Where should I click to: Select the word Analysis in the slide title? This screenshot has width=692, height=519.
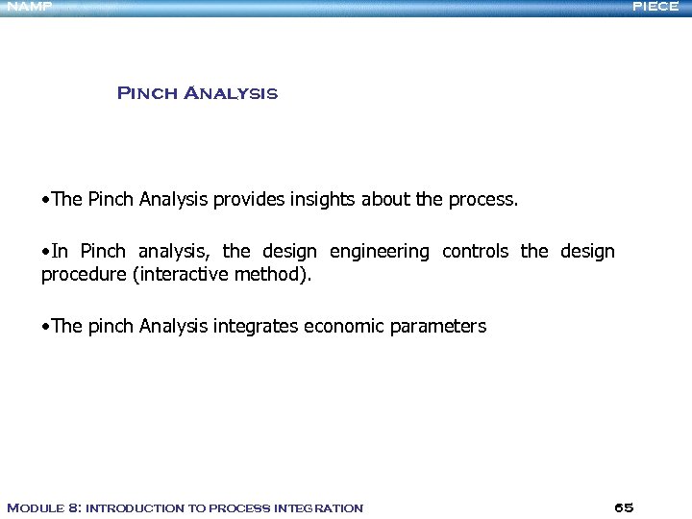(x=230, y=93)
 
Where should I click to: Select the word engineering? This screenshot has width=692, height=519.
(x=380, y=252)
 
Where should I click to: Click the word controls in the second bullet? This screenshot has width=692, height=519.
(x=477, y=252)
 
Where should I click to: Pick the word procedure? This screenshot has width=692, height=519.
(x=83, y=275)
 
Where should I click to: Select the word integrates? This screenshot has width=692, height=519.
(x=255, y=326)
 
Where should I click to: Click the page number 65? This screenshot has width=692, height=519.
(x=623, y=507)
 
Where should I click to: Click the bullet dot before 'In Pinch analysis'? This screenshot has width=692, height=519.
(x=46, y=252)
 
